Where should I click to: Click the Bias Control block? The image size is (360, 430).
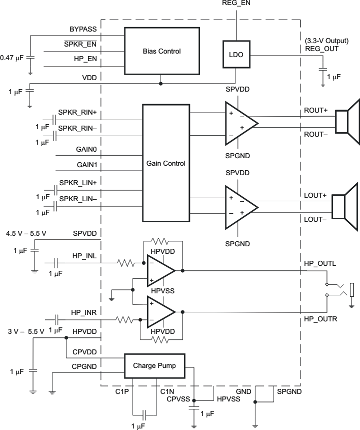click(161, 51)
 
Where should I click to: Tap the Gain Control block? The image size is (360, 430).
click(166, 163)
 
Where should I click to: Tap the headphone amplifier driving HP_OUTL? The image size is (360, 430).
click(160, 270)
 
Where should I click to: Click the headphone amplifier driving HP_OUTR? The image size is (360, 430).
click(160, 311)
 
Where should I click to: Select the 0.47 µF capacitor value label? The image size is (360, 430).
click(11, 58)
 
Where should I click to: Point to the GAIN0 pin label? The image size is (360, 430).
click(87, 149)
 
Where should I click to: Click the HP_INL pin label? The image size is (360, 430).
click(85, 256)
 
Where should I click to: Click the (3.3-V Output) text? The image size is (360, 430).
click(325, 41)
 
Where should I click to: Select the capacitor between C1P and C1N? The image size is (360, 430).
click(144, 414)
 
